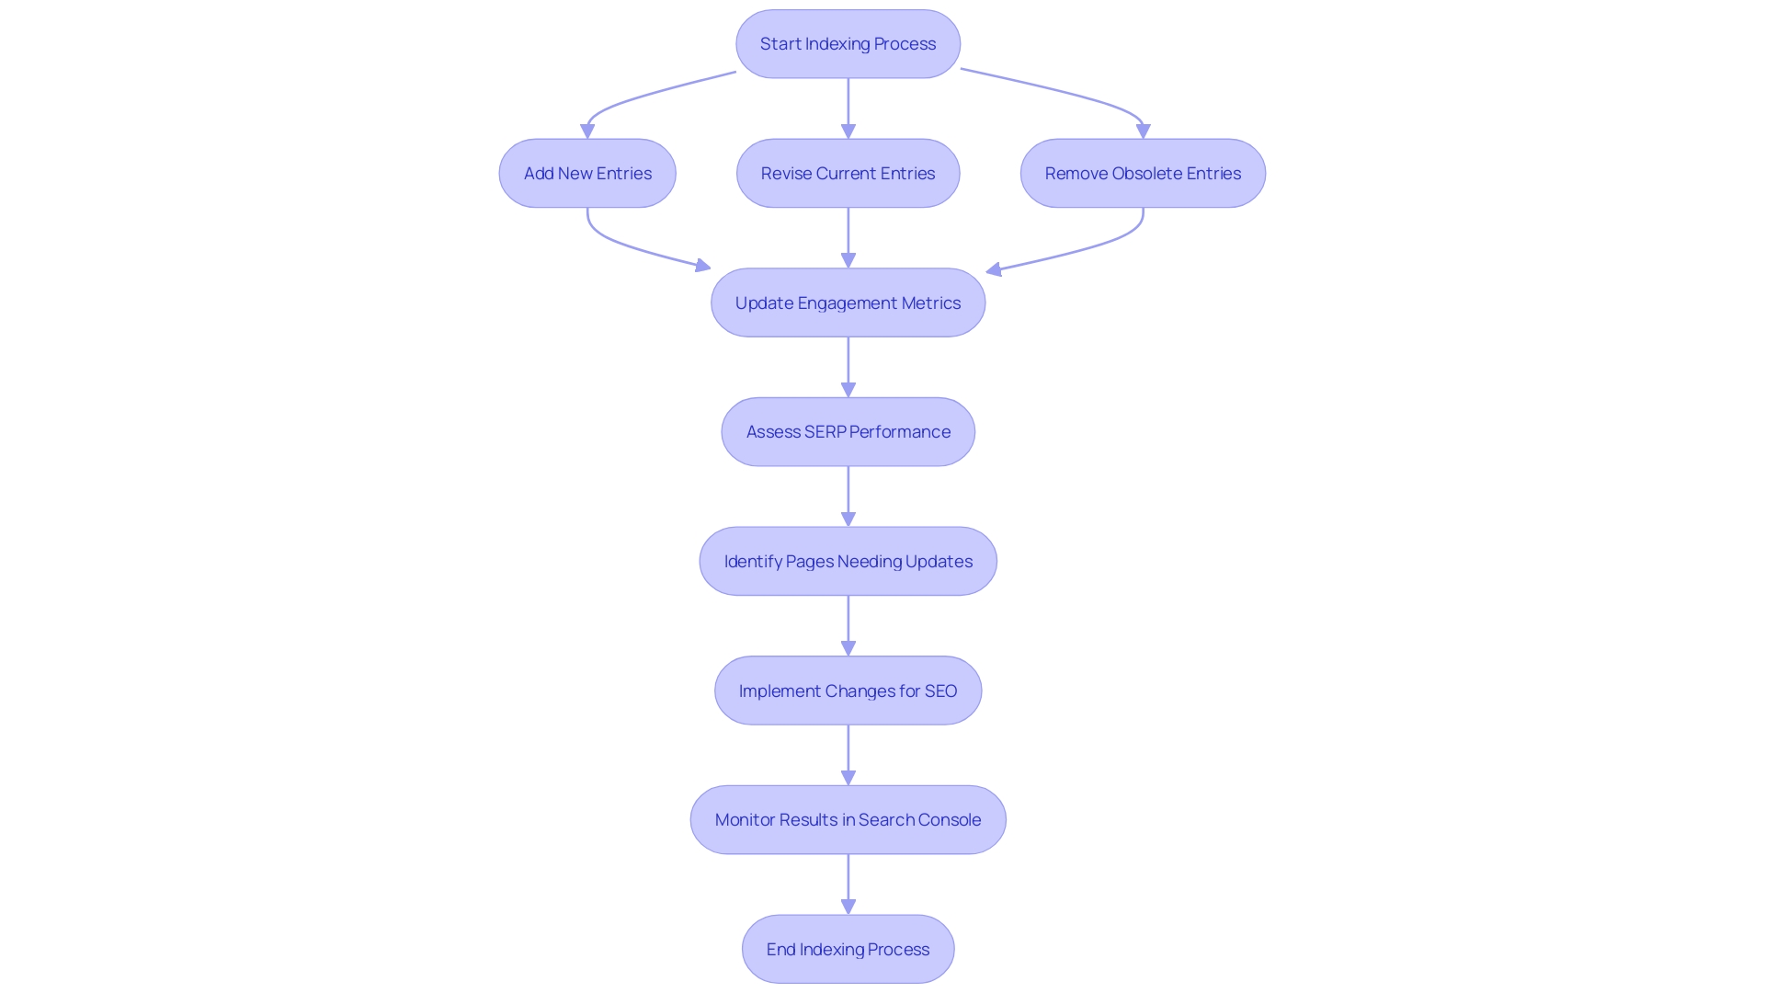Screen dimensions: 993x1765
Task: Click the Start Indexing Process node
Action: (848, 44)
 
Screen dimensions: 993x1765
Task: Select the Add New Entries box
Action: (587, 173)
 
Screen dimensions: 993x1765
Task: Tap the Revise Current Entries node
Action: (848, 173)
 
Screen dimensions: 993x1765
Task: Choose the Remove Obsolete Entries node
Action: (1143, 173)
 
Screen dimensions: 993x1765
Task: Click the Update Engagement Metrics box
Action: (848, 302)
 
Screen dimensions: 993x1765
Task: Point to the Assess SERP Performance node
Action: (848, 432)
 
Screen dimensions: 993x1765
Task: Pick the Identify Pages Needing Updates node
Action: (848, 561)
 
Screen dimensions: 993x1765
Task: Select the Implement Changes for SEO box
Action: (848, 691)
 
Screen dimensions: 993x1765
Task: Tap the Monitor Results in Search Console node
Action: (848, 819)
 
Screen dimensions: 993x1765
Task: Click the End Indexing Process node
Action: (848, 949)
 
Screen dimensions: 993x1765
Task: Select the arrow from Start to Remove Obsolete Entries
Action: (1066, 92)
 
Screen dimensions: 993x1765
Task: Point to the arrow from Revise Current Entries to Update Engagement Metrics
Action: (848, 237)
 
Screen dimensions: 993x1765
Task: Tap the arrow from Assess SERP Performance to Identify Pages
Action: (848, 496)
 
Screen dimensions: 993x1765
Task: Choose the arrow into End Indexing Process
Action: (848, 885)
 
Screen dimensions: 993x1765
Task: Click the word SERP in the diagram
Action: (825, 432)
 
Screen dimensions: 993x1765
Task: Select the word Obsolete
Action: (1146, 173)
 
